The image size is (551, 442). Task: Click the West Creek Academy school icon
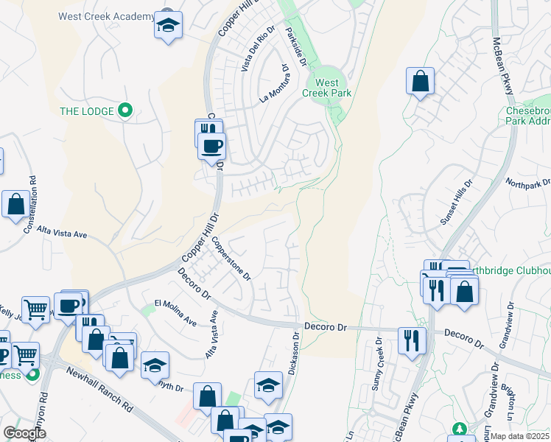pos(169,27)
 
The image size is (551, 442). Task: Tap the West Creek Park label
pos(326,88)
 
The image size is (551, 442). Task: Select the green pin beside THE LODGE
pos(124,111)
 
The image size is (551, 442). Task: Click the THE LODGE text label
pos(87,111)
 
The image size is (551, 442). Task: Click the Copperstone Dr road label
pos(232,258)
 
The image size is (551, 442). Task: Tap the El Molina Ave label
pos(175,313)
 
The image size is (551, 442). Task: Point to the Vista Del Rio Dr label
pos(258,49)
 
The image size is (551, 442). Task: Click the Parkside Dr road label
pos(298,44)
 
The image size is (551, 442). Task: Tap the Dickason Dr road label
pos(294,353)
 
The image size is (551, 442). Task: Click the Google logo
pos(25,433)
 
